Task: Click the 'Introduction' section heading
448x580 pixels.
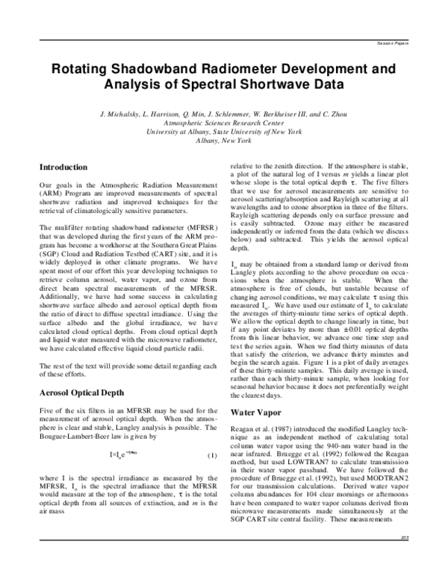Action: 63,167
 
